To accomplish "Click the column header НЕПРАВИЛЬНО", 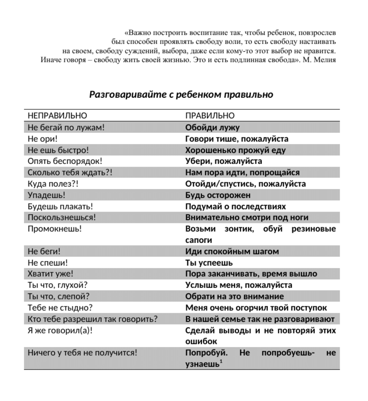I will (x=57, y=116).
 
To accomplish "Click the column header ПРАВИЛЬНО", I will (x=210, y=116).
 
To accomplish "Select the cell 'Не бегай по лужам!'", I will (x=66, y=128).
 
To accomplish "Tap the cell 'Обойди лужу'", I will (x=212, y=128).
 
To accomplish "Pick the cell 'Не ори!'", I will (x=43, y=139).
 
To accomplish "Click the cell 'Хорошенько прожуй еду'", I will (x=235, y=150).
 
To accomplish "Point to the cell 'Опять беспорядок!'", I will (x=65, y=161).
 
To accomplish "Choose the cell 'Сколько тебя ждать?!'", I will (x=70, y=173).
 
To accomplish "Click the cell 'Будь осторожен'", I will (x=218, y=195).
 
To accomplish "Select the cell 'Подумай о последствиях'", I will (x=236, y=207).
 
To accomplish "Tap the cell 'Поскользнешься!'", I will (x=62, y=218).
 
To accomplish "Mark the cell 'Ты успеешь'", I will (x=209, y=263).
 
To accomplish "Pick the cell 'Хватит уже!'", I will (x=50, y=274).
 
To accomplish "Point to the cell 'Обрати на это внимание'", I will (x=234, y=297).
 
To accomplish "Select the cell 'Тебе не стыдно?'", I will (x=60, y=308).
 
